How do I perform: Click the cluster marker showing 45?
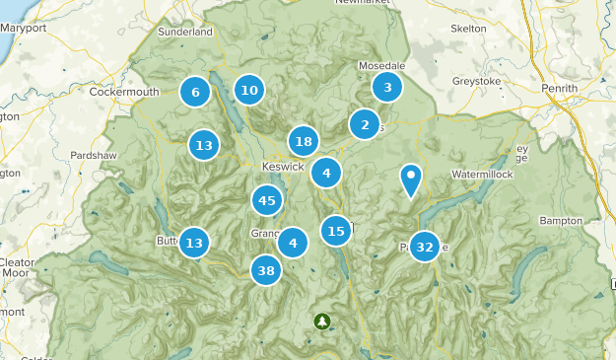(266, 200)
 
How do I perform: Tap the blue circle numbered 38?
(266, 269)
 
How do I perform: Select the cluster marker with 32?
(425, 247)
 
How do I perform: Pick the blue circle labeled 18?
(304, 141)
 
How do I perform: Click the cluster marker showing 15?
(336, 231)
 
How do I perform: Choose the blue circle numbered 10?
(249, 91)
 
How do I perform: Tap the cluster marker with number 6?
(195, 93)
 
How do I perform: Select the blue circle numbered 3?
(387, 87)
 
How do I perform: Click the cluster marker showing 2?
(365, 124)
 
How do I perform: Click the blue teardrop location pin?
(411, 180)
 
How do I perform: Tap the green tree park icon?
(322, 322)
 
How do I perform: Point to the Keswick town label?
(284, 166)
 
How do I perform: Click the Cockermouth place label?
(124, 92)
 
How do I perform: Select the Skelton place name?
(468, 29)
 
